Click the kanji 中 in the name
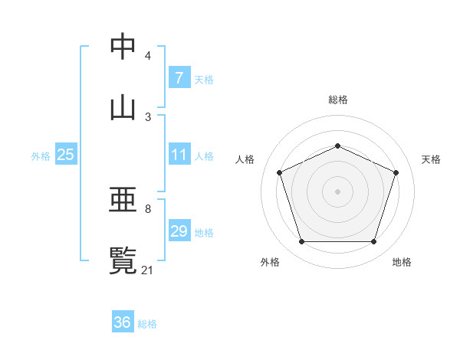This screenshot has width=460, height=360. (123, 47)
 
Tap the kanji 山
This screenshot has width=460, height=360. (123, 106)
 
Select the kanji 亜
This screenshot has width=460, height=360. (123, 201)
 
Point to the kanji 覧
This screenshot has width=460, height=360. (123, 260)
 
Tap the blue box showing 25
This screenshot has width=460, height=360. (65, 155)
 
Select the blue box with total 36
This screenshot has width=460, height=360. (122, 322)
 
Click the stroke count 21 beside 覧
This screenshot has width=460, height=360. (148, 270)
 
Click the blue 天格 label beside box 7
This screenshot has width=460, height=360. (204, 79)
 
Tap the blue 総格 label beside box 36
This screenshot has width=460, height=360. (147, 323)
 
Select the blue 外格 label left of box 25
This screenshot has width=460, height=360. (41, 155)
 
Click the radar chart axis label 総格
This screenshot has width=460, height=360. (337, 100)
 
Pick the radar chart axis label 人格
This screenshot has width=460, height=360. (245, 159)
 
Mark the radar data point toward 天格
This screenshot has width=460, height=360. (396, 172)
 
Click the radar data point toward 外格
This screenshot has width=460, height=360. (301, 242)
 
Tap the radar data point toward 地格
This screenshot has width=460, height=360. (373, 242)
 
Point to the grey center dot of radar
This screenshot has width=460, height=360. (337, 191)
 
